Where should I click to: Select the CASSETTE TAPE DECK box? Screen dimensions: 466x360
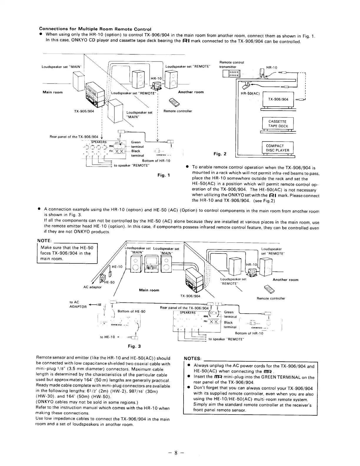[278, 124]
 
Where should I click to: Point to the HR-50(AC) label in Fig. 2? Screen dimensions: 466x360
[250, 94]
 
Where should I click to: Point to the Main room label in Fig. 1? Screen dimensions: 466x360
[53, 92]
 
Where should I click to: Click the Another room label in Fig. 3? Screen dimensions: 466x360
[285, 280]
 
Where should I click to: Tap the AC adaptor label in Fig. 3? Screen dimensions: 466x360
[92, 287]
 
